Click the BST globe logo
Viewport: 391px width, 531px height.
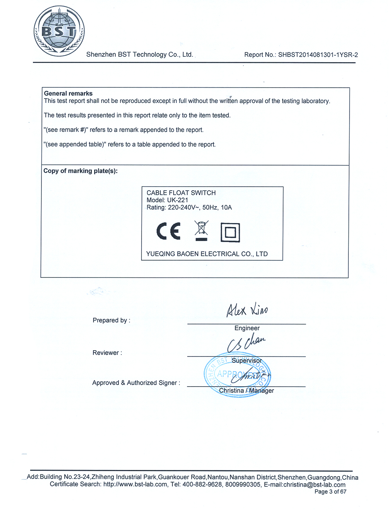(x=59, y=31)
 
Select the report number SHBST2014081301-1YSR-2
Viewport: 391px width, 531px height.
(x=318, y=55)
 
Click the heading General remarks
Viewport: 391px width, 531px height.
(x=68, y=94)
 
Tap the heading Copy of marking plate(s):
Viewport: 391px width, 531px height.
(x=81, y=171)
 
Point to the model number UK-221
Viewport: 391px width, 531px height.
(x=178, y=200)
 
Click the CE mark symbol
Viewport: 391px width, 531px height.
(x=169, y=231)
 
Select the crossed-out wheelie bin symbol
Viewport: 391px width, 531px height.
(x=201, y=230)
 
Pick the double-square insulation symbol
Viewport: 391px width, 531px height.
(x=230, y=232)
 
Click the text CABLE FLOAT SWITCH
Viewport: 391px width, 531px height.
(x=181, y=193)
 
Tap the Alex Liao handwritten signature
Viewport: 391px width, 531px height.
(x=247, y=310)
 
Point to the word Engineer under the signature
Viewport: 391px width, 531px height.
(x=247, y=328)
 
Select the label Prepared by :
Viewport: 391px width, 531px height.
(x=111, y=320)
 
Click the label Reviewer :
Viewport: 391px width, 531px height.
(x=107, y=353)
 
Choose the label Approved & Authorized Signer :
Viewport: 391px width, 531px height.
(x=136, y=383)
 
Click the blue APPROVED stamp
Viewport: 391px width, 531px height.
(x=237, y=375)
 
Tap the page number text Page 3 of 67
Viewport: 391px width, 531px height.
(x=330, y=492)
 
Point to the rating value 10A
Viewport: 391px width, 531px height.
(x=226, y=207)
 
